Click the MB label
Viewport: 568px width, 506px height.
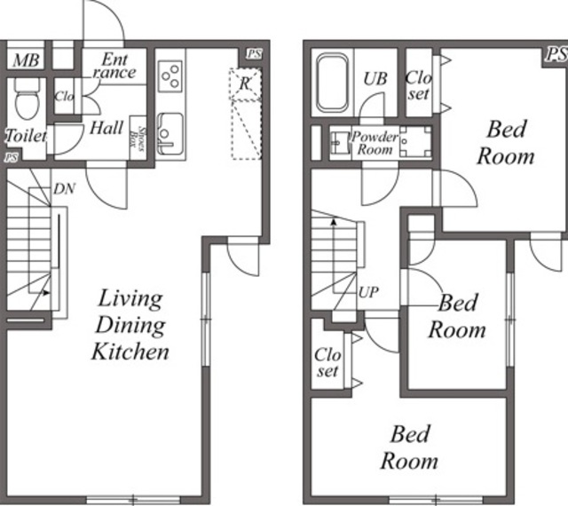[26, 60]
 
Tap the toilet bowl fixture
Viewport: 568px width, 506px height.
[27, 99]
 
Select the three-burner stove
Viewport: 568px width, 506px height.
[170, 76]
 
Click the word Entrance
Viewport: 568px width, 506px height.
[114, 66]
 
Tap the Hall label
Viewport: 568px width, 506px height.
[106, 129]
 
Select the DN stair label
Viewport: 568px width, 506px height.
[64, 189]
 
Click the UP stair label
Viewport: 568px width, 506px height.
[368, 292]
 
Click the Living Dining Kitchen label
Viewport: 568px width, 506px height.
[130, 325]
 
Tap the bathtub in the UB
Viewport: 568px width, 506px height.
[332, 83]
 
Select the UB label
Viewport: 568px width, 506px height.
[375, 79]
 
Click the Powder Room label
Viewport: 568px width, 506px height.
[375, 143]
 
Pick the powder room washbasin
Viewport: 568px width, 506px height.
[340, 142]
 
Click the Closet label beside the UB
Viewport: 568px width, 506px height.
[419, 85]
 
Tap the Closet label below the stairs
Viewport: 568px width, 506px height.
[327, 362]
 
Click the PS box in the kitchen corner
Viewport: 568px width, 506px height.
[254, 54]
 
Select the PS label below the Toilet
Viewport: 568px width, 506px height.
[12, 158]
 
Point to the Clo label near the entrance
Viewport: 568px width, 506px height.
[64, 97]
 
